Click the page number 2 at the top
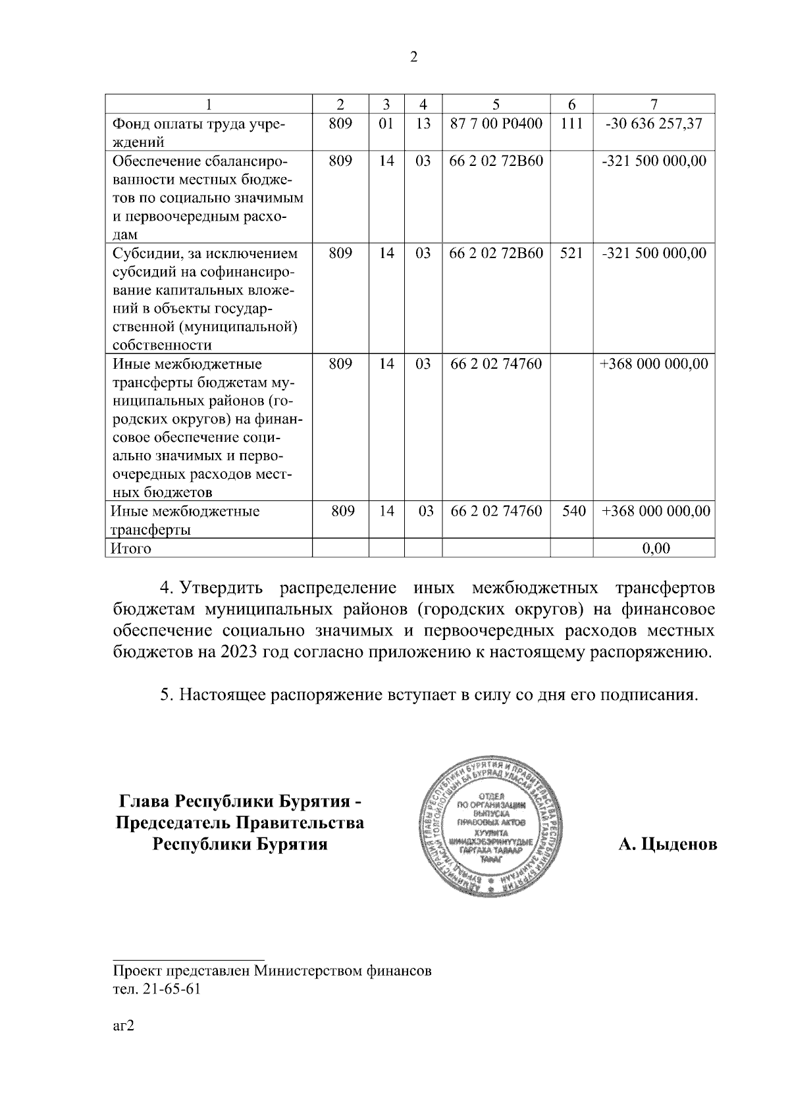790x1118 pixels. (x=413, y=57)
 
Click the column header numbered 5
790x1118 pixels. (x=496, y=104)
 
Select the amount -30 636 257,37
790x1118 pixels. (x=654, y=123)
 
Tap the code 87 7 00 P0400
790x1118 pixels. (x=496, y=123)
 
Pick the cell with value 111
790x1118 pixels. (x=571, y=123)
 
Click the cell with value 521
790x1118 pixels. (x=571, y=253)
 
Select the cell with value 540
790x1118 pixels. (x=574, y=511)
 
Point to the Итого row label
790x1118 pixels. (x=132, y=548)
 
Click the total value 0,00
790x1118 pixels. (x=655, y=548)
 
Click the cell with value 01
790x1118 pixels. (x=386, y=123)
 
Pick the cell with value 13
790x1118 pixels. (x=423, y=123)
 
